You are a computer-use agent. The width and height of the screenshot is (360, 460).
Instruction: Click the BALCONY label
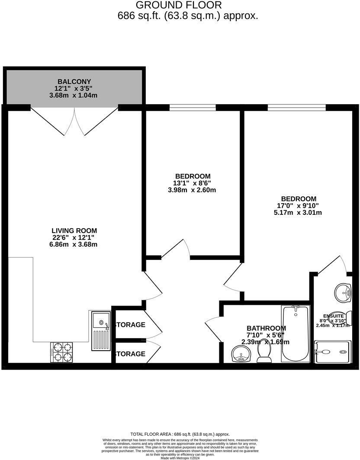point(74,82)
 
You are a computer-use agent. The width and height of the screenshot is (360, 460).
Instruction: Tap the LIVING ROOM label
point(74,231)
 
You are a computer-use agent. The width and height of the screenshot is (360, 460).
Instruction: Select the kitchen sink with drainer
point(101,331)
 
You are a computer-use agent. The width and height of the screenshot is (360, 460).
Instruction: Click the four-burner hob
point(61,352)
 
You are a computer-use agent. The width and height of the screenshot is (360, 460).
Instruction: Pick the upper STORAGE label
point(130,325)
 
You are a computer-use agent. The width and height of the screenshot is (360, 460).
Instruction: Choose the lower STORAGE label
point(130,354)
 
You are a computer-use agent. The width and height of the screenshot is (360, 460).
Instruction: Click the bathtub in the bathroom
point(296,334)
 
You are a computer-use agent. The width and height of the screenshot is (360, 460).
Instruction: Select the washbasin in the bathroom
point(241,355)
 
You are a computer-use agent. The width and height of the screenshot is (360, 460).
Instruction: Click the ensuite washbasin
point(344,293)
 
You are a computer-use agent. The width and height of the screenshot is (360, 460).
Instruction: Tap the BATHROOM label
point(266,329)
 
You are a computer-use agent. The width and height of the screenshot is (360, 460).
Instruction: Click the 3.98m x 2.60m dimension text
point(193,190)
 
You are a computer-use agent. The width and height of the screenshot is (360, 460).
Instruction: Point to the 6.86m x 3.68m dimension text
point(74,244)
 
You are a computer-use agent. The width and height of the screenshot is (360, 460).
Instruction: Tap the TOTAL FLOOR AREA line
point(180,434)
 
